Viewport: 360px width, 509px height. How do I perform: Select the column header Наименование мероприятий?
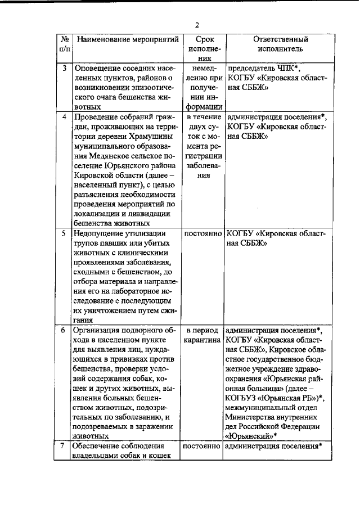(x=127, y=40)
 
